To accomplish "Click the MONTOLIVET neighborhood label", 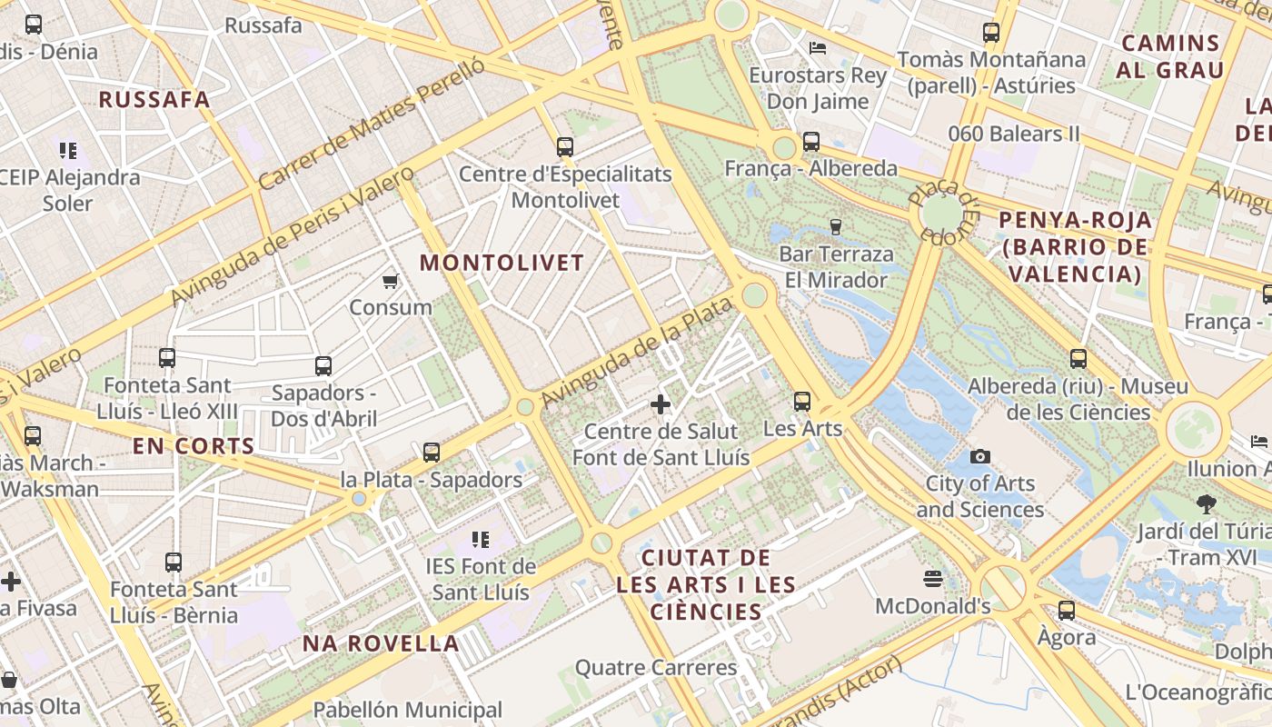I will (502, 264).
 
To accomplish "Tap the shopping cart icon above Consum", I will (391, 282).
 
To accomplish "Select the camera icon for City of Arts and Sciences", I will (979, 456).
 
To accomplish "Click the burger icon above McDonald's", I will (932, 579).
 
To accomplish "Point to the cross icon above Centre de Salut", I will (661, 404).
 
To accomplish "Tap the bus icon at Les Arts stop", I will (801, 401).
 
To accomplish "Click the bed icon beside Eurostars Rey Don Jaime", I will (818, 47).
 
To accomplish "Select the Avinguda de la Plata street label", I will (636, 353).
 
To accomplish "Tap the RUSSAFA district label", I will (154, 100).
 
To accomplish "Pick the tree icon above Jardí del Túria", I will (1206, 503).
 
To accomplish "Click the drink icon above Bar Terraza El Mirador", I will (835, 226).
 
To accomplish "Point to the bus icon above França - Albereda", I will (810, 142).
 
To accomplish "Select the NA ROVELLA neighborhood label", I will (381, 643).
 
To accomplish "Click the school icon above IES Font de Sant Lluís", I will (480, 541).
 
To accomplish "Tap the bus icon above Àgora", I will (1067, 610).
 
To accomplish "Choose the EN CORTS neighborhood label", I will (194, 446).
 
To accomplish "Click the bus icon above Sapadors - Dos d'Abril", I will (323, 366).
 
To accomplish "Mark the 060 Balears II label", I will (1013, 134).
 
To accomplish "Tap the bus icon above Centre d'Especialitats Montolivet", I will (565, 146).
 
